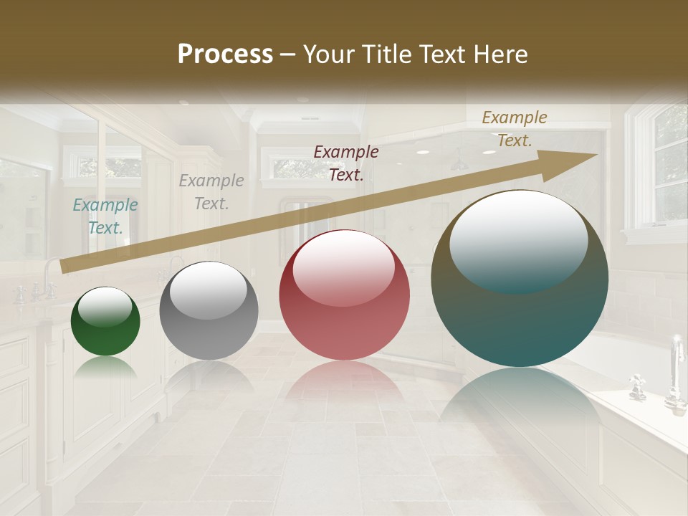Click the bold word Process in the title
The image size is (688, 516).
point(225,54)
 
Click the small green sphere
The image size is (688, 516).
point(105,321)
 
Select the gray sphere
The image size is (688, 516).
point(209,311)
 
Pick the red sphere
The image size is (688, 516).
point(345,295)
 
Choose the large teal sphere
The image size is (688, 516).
point(520,278)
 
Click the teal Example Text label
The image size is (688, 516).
point(105,216)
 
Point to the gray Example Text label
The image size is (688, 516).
point(211,192)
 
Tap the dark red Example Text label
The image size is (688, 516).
point(346,163)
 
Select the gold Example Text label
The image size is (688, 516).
point(514,129)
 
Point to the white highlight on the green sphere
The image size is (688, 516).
point(105,305)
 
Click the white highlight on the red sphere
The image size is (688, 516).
point(343,267)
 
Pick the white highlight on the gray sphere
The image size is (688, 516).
point(208,289)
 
